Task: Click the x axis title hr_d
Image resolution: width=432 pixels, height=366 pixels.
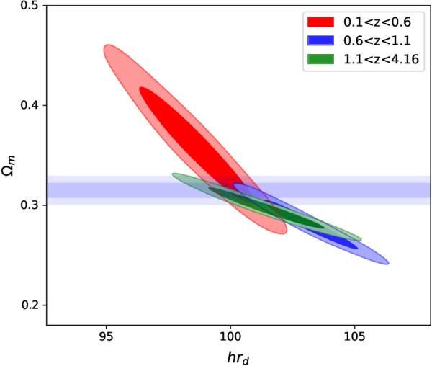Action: point(239,354)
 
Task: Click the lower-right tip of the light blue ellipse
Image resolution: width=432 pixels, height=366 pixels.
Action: point(387,262)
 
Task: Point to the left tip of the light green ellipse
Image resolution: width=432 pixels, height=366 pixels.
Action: point(174,174)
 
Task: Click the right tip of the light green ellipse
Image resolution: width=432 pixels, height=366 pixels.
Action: point(360,238)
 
